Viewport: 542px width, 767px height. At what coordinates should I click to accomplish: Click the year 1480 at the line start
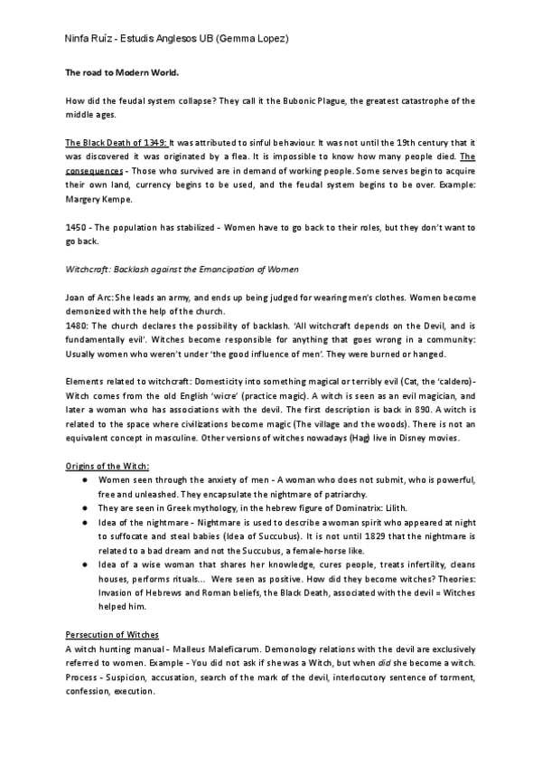79,323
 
